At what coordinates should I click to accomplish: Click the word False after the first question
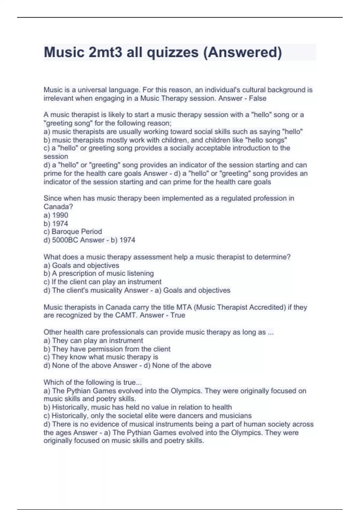point(257,98)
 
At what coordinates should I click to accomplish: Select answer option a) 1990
point(56,215)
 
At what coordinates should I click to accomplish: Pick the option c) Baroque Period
point(73,232)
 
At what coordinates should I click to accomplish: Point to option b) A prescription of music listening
point(99,273)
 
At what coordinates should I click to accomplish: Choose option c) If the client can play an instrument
point(102,282)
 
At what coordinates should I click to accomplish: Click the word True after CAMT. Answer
point(178,315)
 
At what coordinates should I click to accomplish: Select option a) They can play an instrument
point(93,340)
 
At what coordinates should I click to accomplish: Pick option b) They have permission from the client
point(107,349)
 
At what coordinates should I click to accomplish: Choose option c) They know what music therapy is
point(101,357)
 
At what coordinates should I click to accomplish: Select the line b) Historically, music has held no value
point(137,407)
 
